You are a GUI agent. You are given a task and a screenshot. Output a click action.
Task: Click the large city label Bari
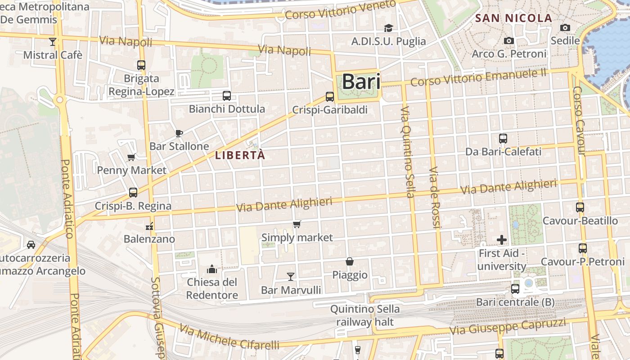[x=361, y=82]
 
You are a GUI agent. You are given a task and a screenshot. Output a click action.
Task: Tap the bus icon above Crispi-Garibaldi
[x=330, y=96]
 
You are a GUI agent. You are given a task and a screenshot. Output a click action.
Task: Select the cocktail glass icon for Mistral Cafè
[x=53, y=42]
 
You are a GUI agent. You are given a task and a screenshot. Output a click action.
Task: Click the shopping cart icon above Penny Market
[x=131, y=157]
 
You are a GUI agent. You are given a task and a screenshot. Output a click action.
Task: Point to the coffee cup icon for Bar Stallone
[x=179, y=133]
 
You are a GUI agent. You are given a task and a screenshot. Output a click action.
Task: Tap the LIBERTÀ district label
[x=240, y=156]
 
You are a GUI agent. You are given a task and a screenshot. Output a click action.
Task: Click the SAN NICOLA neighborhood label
[x=513, y=18]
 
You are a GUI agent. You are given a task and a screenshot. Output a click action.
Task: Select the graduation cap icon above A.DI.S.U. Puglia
[x=388, y=28]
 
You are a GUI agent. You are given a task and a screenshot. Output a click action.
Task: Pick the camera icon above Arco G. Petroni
[x=509, y=40]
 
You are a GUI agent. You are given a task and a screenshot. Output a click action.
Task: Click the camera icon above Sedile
[x=565, y=27]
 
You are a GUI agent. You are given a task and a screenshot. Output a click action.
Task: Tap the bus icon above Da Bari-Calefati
[x=503, y=138]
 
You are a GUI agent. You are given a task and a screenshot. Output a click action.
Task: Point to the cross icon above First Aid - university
[x=502, y=240]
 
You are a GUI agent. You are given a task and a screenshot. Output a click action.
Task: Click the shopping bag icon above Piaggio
[x=350, y=261]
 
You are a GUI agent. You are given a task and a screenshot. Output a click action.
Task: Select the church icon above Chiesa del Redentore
[x=212, y=269]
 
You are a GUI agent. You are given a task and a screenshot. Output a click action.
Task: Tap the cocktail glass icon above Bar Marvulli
[x=291, y=276]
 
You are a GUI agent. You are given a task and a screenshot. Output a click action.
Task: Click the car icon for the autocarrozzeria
[x=31, y=244]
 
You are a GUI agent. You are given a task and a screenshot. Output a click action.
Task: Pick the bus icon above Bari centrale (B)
[x=515, y=288]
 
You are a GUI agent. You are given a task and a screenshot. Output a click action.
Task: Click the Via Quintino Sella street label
[x=407, y=152]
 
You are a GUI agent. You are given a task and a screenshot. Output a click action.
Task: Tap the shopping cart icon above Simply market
[x=297, y=224]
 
